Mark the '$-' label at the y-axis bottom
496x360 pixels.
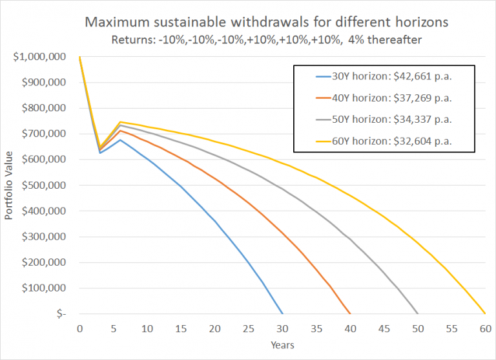pyautogui.click(x=61, y=314)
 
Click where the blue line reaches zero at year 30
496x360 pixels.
pyautogui.click(x=282, y=313)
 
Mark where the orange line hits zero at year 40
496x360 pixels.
pyautogui.click(x=350, y=313)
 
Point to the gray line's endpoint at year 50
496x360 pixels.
pyautogui.click(x=418, y=313)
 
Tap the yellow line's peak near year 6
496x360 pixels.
pyautogui.click(x=120, y=122)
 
